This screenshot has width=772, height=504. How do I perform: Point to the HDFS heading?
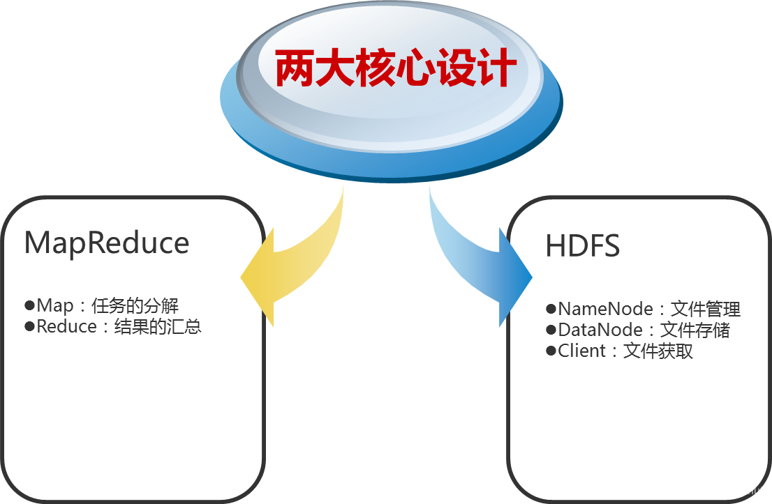click(x=583, y=247)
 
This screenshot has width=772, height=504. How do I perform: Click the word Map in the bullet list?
click(x=55, y=306)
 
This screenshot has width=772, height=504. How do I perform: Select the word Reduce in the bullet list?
click(x=67, y=327)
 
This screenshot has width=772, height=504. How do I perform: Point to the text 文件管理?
click(x=705, y=309)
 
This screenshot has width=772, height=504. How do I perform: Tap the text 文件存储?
click(x=695, y=330)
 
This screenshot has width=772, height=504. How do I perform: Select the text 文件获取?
click(x=658, y=351)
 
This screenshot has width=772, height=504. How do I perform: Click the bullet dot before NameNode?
click(x=551, y=308)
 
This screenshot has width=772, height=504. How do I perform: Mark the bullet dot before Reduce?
click(x=29, y=326)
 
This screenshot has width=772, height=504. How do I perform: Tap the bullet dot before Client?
click(x=551, y=350)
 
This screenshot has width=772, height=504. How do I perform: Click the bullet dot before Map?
click(x=29, y=305)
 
